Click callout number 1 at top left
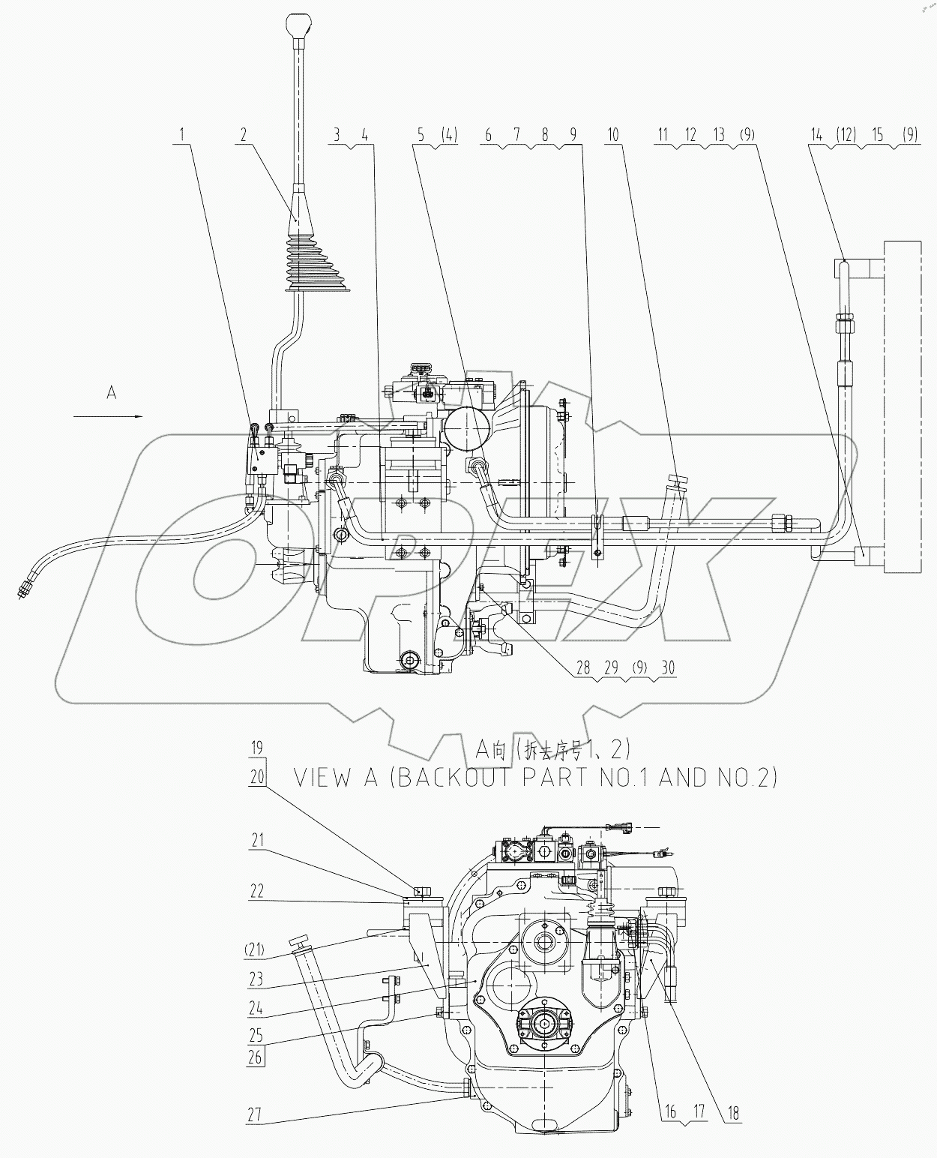coord(181,135)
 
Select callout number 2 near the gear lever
coord(244,135)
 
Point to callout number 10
coord(613,135)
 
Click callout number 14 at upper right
coord(816,135)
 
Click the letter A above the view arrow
coord(112,392)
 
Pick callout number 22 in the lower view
coord(258,890)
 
